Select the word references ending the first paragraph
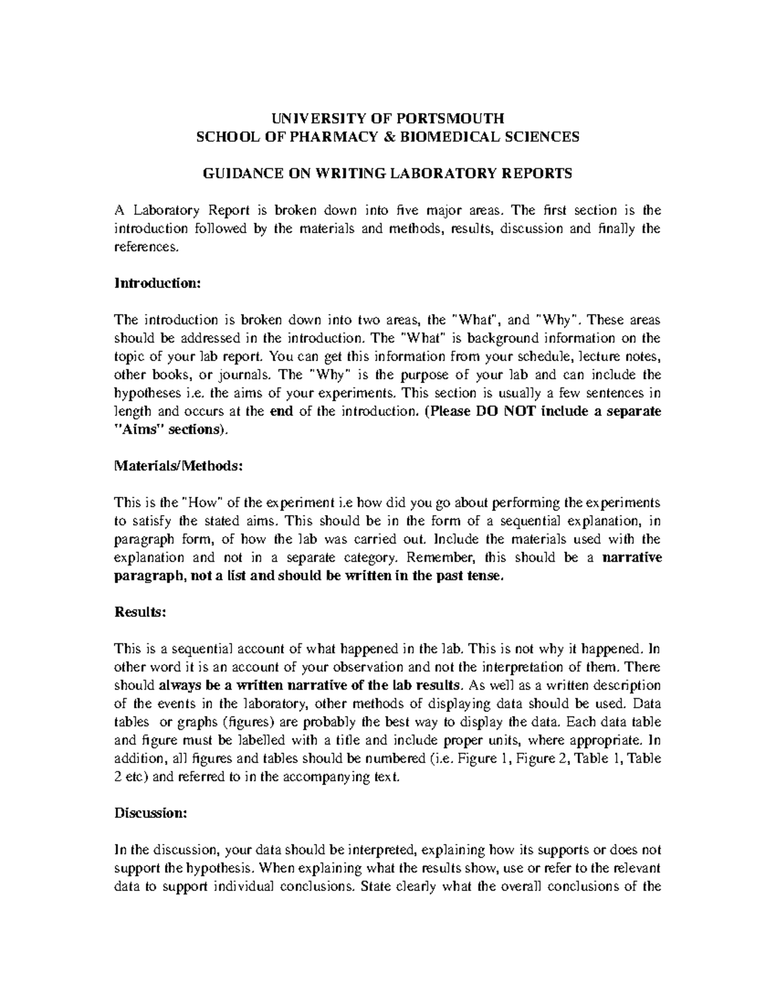pyautogui.click(x=144, y=247)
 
